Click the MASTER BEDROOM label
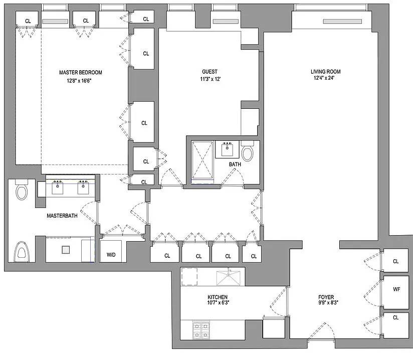coord(81,73)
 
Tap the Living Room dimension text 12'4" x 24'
coord(324,78)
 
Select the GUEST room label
coord(210,72)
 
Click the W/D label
coord(111,255)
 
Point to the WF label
coord(396,289)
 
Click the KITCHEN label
coord(218,297)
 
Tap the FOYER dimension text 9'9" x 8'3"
coord(328,302)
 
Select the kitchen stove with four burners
coord(201,330)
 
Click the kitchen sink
coord(229,278)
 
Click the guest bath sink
coord(227,149)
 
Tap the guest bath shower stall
coord(202,160)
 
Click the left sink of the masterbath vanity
coord(58,188)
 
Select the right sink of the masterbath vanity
coord(83,188)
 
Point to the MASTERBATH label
coord(62,216)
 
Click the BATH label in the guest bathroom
coord(235,164)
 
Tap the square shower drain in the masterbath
coord(66,250)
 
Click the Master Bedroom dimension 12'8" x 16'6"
coord(79,81)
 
